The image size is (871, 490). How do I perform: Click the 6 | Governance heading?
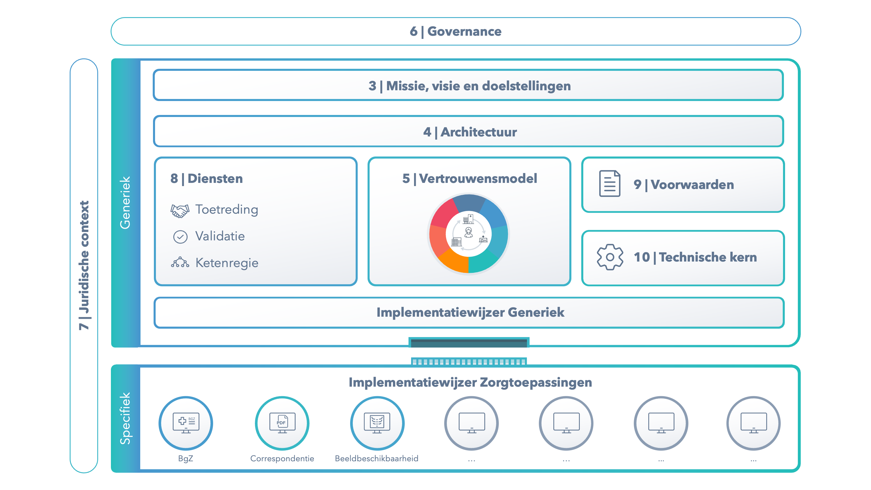pyautogui.click(x=456, y=31)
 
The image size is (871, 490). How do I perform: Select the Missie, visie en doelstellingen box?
pyautogui.click(x=468, y=85)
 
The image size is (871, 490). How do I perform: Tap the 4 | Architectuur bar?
pyautogui.click(x=468, y=131)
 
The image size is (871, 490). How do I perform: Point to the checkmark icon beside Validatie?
pyautogui.click(x=180, y=237)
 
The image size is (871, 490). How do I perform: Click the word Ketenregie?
pyautogui.click(x=227, y=263)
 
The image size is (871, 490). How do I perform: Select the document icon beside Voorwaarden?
pyautogui.click(x=610, y=184)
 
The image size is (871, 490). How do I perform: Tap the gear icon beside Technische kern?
pyautogui.click(x=610, y=257)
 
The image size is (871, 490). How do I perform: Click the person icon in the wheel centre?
pyautogui.click(x=469, y=233)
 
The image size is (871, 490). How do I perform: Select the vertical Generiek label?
pyautogui.click(x=125, y=203)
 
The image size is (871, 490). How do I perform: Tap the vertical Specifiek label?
pyautogui.click(x=125, y=418)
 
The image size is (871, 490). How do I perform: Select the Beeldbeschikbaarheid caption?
pyautogui.click(x=377, y=459)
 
